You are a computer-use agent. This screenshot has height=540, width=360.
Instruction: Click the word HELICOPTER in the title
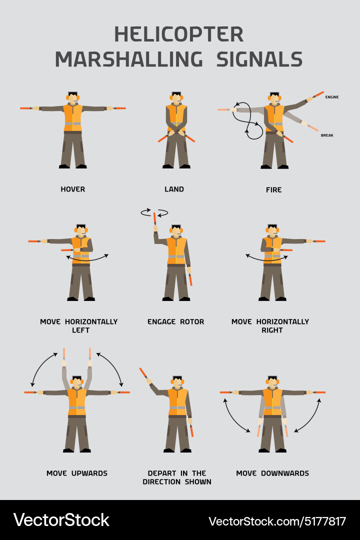pyautogui.click(x=179, y=34)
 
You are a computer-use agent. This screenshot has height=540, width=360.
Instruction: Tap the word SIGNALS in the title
pyautogui.click(x=259, y=59)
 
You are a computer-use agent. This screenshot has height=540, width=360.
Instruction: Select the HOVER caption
pyautogui.click(x=73, y=189)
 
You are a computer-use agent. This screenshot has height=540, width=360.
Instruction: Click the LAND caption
pyautogui.click(x=174, y=189)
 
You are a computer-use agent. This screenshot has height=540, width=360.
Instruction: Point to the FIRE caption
pyautogui.click(x=273, y=190)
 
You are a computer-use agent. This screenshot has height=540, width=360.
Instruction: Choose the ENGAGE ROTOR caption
pyautogui.click(x=175, y=322)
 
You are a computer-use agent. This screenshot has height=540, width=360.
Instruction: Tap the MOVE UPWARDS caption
pyautogui.click(x=77, y=473)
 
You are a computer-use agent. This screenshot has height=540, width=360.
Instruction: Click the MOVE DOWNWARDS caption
pyautogui.click(x=272, y=473)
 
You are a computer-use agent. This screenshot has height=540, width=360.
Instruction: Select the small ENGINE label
pyautogui.click(x=332, y=97)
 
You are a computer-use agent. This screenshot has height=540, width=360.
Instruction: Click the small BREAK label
pyautogui.click(x=327, y=135)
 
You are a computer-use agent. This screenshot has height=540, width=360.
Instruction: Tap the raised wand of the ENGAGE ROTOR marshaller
pyautogui.click(x=155, y=219)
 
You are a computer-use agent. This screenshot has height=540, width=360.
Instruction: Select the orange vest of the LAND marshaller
pyautogui.click(x=176, y=117)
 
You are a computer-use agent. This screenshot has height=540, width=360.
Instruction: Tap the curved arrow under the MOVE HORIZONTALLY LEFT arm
pyautogui.click(x=88, y=258)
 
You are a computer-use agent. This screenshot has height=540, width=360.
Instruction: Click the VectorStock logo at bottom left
pyautogui.click(x=61, y=520)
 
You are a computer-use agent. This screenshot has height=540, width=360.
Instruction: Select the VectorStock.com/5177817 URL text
pyautogui.click(x=277, y=521)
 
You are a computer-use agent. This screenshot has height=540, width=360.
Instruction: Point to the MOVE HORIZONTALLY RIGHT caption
pyautogui.click(x=270, y=326)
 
